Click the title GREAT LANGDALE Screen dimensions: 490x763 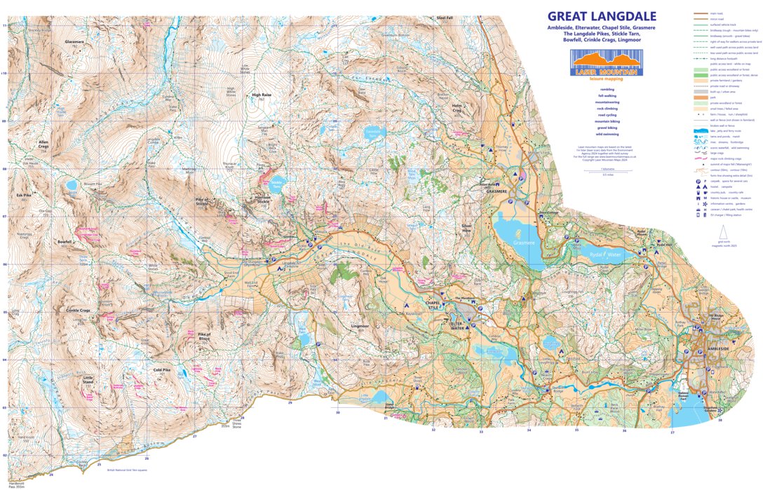point(602,16)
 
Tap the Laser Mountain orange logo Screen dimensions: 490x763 point(605,63)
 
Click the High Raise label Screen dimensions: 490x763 point(261,95)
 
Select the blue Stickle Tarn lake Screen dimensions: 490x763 point(276,186)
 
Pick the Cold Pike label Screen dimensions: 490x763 point(162,369)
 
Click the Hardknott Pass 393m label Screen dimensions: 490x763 point(18,483)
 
